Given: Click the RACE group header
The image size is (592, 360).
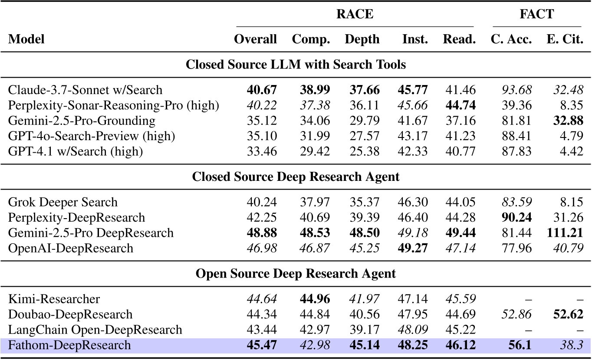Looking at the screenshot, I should [355, 14].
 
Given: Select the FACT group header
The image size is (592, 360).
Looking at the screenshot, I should [536, 14].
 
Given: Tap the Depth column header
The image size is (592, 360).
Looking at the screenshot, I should [362, 39].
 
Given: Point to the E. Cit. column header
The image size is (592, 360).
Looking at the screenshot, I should [564, 39].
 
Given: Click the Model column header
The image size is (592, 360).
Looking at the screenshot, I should [26, 39].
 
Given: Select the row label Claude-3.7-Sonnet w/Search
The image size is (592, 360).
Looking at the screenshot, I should [86, 90].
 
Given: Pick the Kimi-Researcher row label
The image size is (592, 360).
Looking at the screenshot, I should [54, 299].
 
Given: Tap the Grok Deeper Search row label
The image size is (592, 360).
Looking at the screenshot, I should [63, 202].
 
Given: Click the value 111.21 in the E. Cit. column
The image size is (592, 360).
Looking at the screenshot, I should [564, 233].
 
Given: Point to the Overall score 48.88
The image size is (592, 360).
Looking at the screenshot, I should [255, 233].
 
